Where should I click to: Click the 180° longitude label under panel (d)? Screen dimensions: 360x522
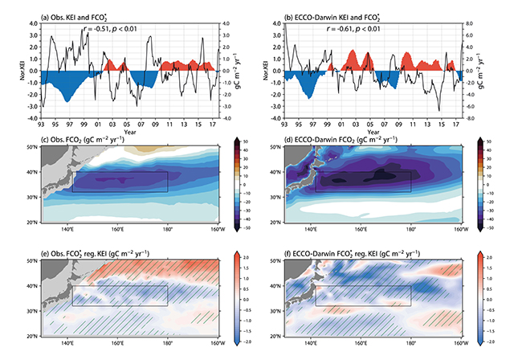pos(411,227)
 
